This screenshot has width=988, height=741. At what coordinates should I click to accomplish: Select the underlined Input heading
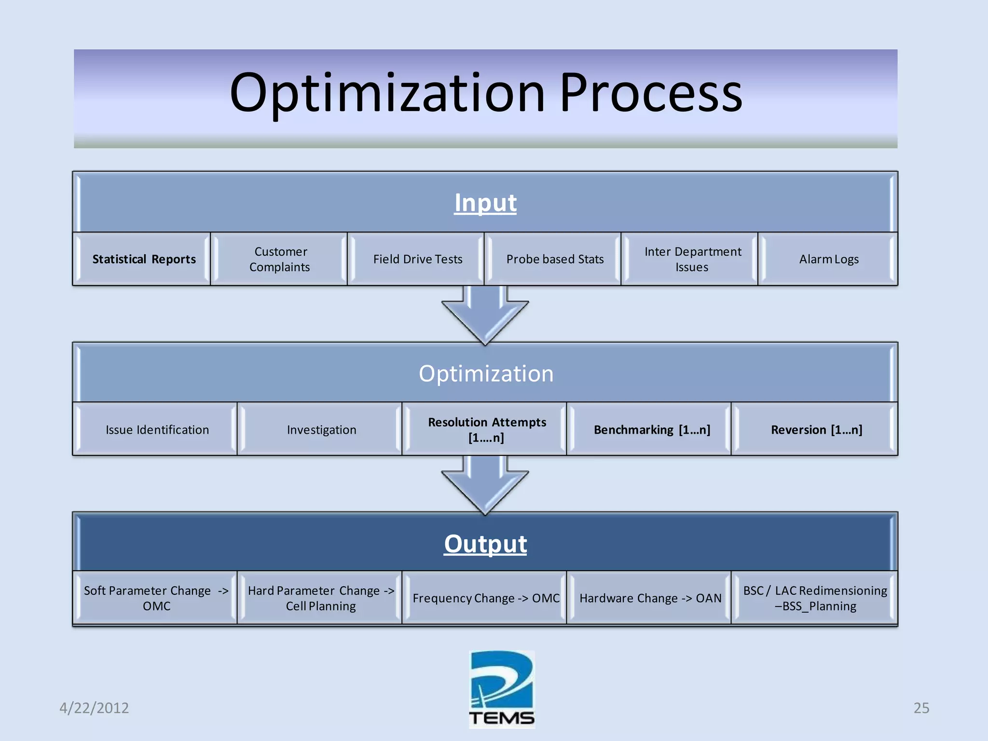click(x=485, y=203)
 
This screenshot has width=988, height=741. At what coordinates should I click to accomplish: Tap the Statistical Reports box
click(x=144, y=259)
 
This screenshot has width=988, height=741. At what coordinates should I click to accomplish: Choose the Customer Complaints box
click(x=280, y=259)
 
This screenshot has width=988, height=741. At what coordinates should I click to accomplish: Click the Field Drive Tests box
click(x=417, y=259)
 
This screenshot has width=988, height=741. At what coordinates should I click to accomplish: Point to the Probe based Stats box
click(x=554, y=259)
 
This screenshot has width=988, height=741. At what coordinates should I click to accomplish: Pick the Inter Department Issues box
click(x=692, y=259)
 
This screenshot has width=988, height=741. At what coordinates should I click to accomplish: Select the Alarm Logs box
click(x=828, y=259)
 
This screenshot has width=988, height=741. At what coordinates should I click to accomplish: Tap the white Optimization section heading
click(x=486, y=373)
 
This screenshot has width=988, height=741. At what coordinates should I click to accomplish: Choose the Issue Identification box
click(x=157, y=429)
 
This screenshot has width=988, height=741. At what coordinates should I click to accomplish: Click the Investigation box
click(x=321, y=429)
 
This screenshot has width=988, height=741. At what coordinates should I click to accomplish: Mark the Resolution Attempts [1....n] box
click(x=486, y=429)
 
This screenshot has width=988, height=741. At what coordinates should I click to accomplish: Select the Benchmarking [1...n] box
click(x=651, y=429)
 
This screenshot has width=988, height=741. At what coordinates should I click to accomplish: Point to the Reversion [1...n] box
click(x=816, y=429)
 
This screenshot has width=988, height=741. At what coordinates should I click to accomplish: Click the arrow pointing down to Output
click(x=485, y=485)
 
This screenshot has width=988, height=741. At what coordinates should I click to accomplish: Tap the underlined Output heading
click(x=485, y=544)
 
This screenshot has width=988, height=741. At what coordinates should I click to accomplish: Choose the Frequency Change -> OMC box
click(x=486, y=598)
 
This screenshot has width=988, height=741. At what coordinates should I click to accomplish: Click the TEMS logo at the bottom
click(x=502, y=690)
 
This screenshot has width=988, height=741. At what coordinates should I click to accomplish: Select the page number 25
click(x=921, y=708)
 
